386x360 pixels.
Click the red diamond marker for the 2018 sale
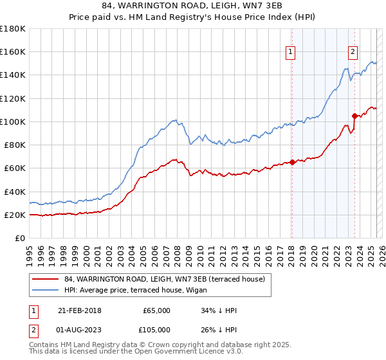click(x=292, y=162)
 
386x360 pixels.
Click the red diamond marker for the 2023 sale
click(x=354, y=116)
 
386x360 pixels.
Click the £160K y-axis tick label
click(x=13, y=51)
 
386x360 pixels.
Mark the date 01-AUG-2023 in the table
click(x=79, y=330)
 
